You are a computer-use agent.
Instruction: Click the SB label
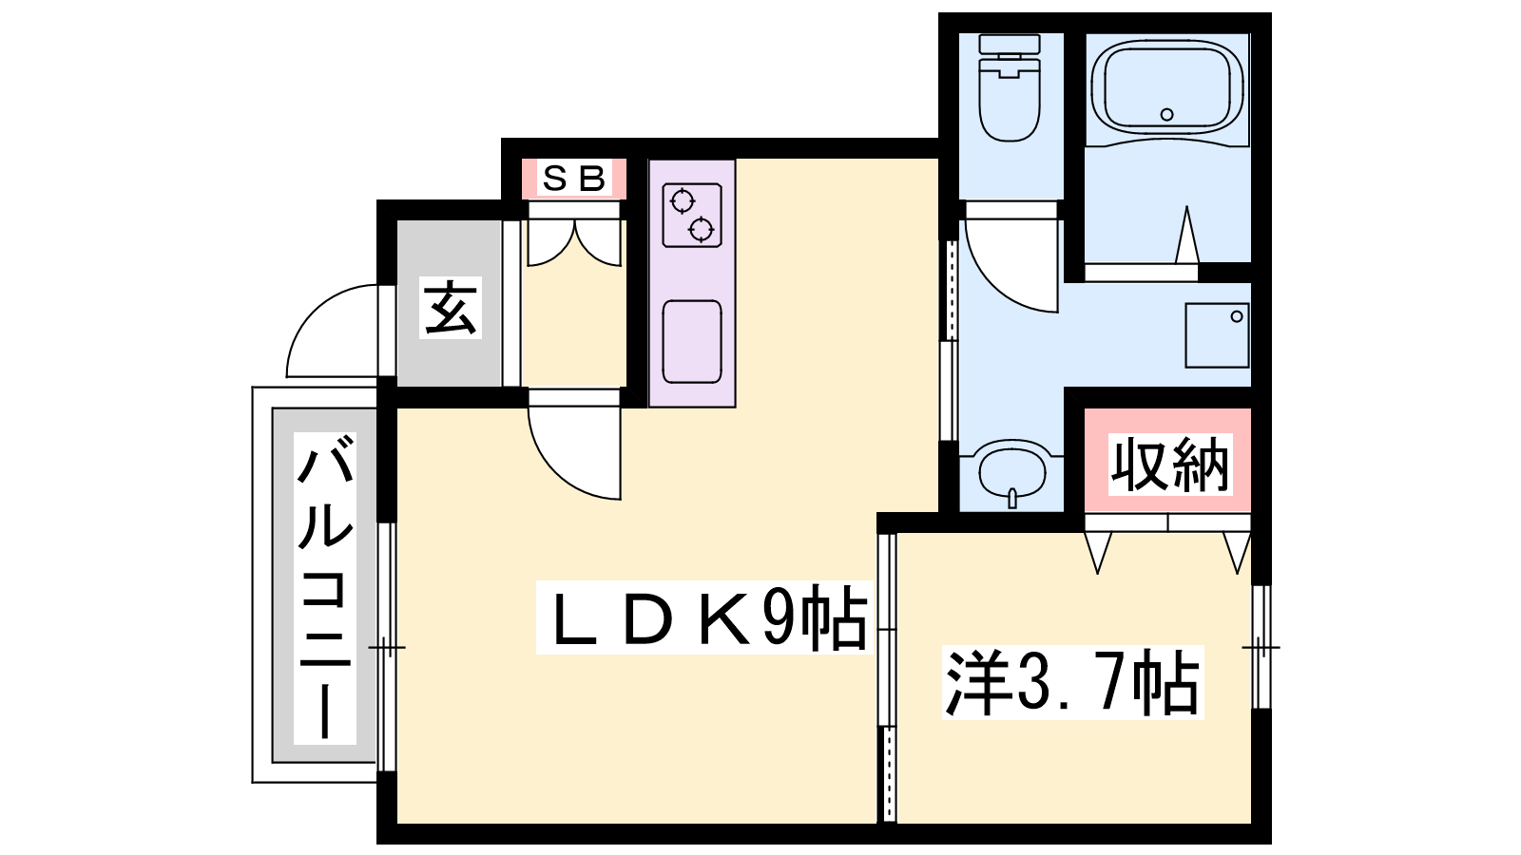(574, 179)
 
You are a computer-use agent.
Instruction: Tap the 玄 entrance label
(451, 308)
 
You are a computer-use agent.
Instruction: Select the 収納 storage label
(1170, 465)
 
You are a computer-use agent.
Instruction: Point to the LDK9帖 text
(704, 617)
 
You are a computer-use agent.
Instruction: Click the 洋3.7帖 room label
(1073, 682)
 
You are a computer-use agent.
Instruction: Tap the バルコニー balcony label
(325, 588)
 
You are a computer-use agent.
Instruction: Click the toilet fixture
(1010, 88)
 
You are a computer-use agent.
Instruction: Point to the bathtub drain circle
(1167, 114)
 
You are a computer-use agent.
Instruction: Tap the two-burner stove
(692, 215)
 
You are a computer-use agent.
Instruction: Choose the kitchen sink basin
(692, 341)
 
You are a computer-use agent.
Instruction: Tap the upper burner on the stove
(682, 201)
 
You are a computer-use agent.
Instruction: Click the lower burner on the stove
(701, 230)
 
